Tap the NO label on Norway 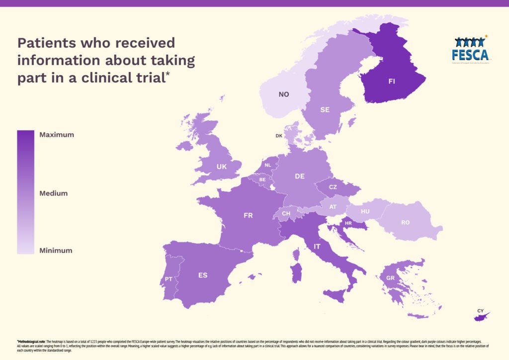tap(284, 94)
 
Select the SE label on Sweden tap(325, 110)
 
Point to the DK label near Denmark tap(279, 135)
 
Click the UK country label tap(222, 167)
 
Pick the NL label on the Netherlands tap(268, 165)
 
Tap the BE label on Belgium tap(262, 179)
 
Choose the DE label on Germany tap(300, 176)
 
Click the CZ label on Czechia tap(333, 187)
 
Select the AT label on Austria tap(333, 207)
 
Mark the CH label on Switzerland tap(286, 214)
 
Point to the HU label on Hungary tap(365, 211)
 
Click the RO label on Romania tap(406, 222)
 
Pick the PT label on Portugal tap(169, 279)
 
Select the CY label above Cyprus tap(480, 311)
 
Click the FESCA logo tap(470, 49)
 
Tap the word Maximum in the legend tap(57, 135)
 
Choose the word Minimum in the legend tap(56, 251)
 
